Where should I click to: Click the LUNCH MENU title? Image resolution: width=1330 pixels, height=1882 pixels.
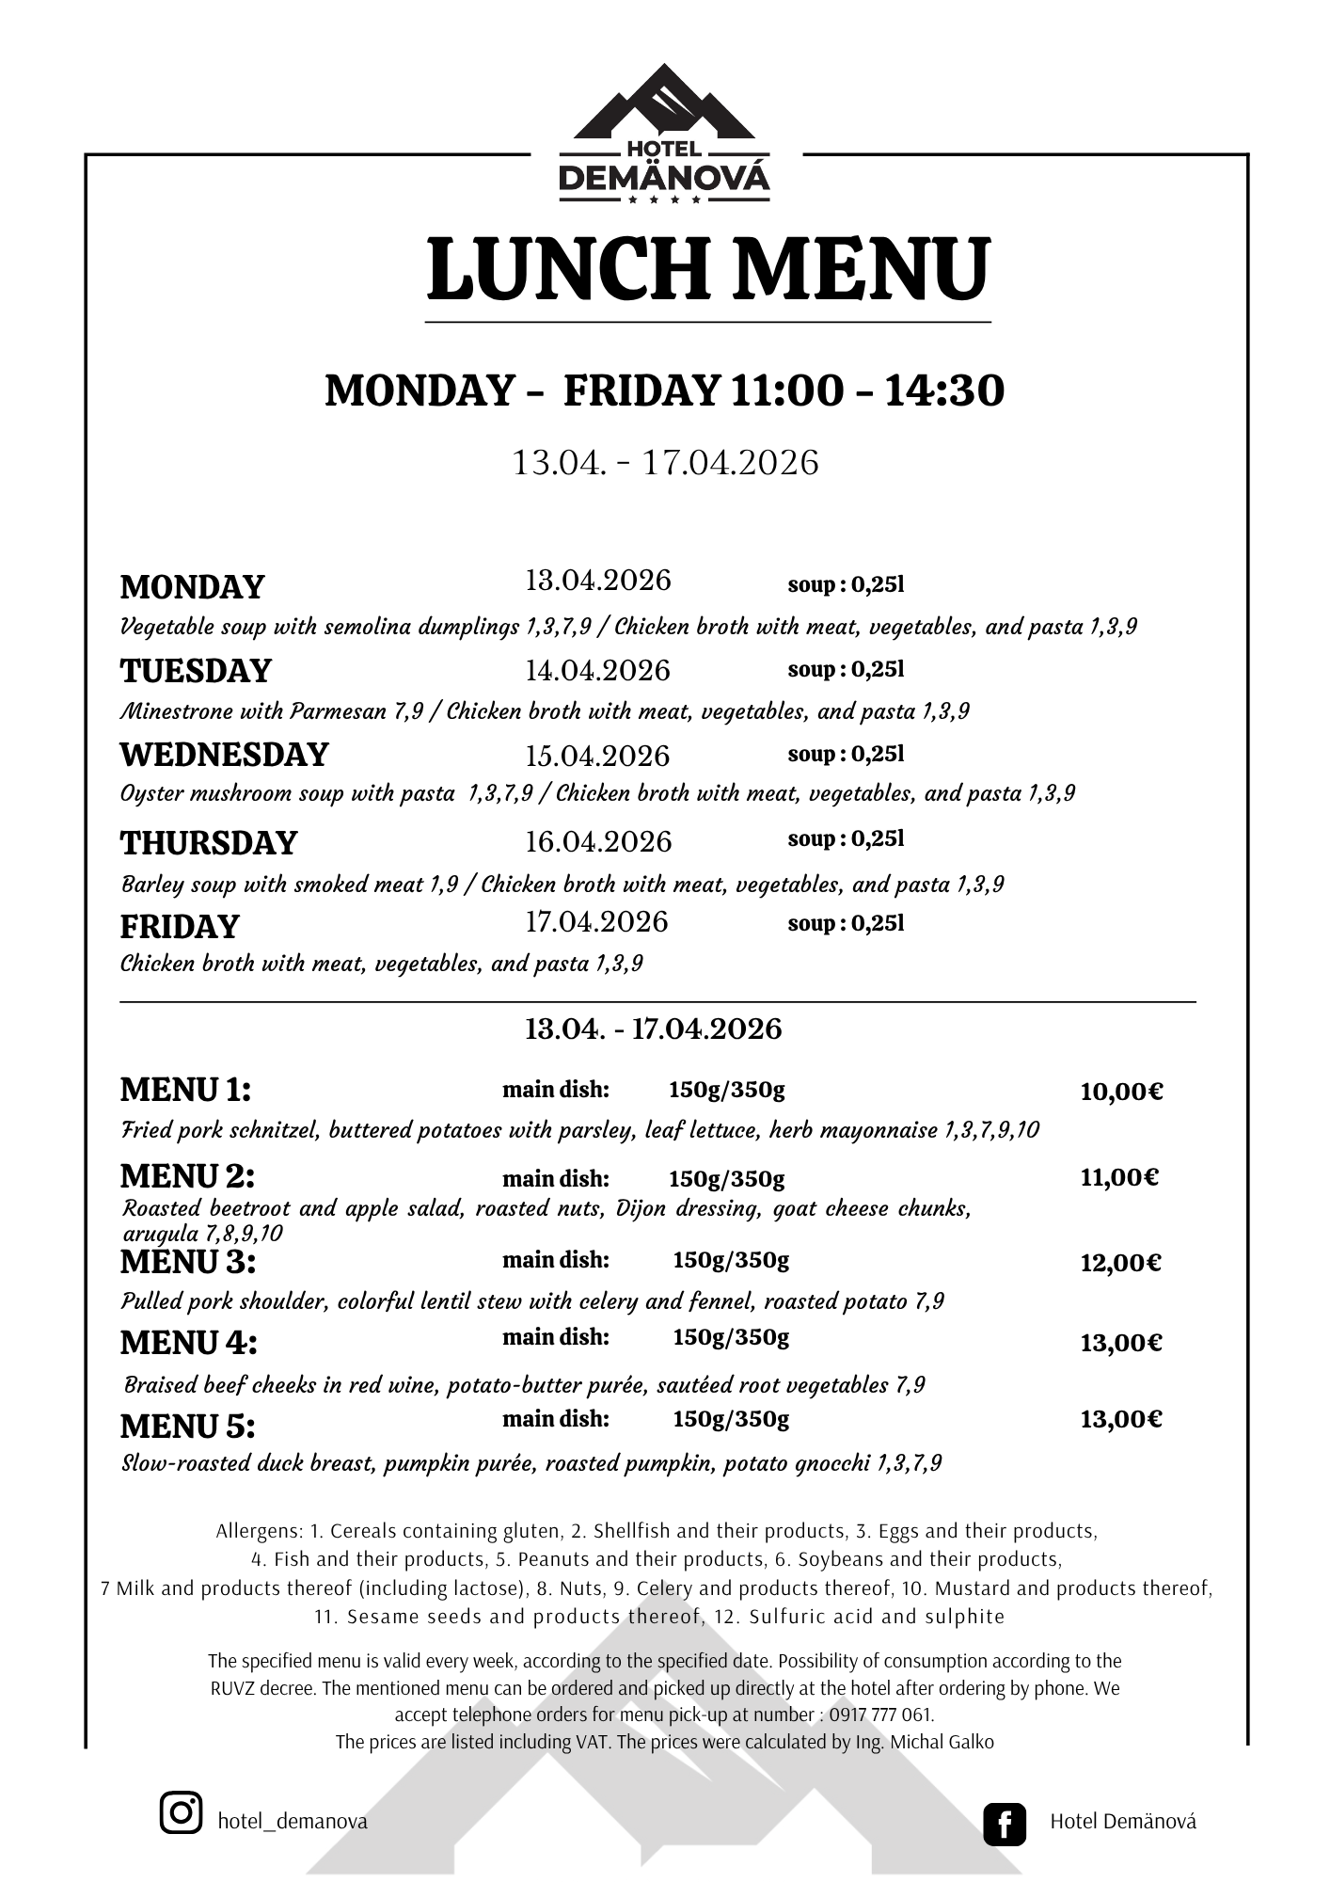point(707,269)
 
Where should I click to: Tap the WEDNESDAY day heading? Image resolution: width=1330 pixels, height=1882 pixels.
point(224,755)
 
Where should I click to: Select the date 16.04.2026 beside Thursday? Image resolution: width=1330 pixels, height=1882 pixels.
point(598,841)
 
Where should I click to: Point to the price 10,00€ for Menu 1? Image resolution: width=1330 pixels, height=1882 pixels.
point(1121,1092)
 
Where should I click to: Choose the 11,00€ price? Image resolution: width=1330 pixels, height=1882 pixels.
point(1119,1177)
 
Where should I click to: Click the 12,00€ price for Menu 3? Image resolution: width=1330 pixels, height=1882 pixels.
point(1120,1263)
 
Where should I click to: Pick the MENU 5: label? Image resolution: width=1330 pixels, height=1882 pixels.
point(187,1427)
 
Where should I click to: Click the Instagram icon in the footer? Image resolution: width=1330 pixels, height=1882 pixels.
point(181,1812)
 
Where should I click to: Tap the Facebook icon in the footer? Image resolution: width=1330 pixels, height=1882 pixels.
point(1004,1823)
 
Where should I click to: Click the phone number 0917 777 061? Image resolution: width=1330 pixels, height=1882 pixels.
point(881,1715)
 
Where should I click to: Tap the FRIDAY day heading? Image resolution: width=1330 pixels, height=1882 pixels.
point(180,927)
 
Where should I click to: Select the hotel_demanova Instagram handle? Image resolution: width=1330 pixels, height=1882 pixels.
point(293,1821)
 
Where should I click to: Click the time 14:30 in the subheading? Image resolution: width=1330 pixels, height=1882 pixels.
point(943,391)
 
